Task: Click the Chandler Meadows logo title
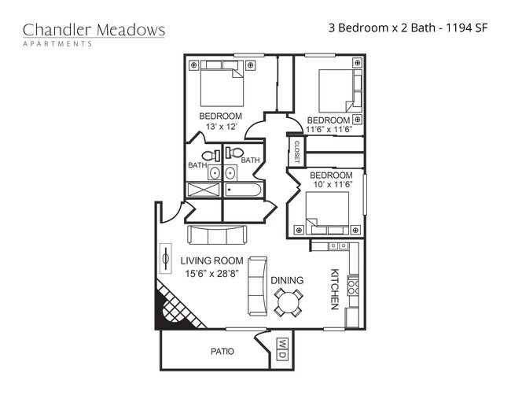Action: point(94,30)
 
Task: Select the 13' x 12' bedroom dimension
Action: point(220,127)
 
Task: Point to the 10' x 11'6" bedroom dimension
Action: point(330,184)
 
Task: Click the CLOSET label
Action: point(297,152)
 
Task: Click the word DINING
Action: point(287,280)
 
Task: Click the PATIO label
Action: point(222,351)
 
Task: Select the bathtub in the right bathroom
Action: point(244,190)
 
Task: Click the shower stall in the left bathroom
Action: point(204,190)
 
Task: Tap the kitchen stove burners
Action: point(353,287)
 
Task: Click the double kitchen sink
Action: point(338,246)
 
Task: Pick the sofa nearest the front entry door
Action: point(217,234)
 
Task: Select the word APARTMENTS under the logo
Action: point(57,44)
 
